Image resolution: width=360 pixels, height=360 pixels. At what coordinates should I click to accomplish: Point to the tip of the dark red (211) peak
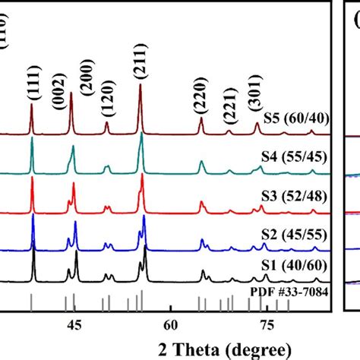click(141, 85)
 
